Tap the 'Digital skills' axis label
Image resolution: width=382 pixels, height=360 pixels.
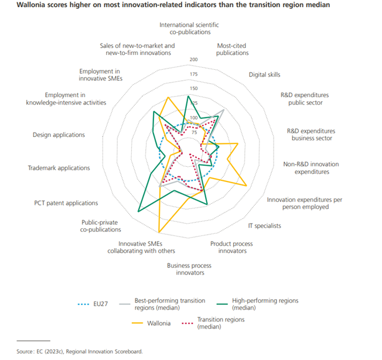pyautogui.click(x=264, y=75)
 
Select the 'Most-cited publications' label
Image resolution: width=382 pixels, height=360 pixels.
pyautogui.click(x=233, y=49)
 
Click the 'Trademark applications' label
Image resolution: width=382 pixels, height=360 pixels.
pyautogui.click(x=59, y=168)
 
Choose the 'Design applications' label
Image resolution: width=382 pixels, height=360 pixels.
pyautogui.click(x=59, y=135)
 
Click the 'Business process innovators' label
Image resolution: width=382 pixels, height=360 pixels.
pyautogui.click(x=189, y=269)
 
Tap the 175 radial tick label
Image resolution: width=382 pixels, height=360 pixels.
pyautogui.click(x=194, y=74)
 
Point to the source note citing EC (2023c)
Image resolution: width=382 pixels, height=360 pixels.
pyautogui.click(x=80, y=351)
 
